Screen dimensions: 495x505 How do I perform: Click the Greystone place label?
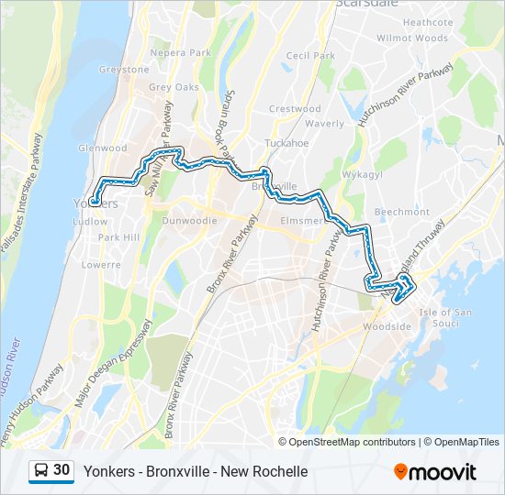click(124, 70)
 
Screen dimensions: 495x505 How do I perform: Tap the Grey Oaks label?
click(174, 88)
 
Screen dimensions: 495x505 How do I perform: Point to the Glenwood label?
click(103, 148)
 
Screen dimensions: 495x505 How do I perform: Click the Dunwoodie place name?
click(189, 221)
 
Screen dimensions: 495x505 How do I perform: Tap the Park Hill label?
click(118, 237)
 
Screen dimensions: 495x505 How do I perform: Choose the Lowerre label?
click(101, 264)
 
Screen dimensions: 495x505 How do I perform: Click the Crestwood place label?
click(295, 109)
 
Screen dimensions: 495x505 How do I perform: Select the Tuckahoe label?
click(286, 144)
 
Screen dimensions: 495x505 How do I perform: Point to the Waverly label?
click(324, 124)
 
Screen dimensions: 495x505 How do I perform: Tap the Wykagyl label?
click(363, 172)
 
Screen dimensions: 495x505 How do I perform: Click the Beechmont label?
click(402, 212)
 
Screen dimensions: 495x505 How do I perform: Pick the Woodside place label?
click(380, 326)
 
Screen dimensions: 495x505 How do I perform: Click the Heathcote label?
click(428, 22)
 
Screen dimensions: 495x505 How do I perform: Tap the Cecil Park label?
click(310, 56)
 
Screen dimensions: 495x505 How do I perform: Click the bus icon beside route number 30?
click(41, 471)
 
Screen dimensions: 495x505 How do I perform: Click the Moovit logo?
click(435, 472)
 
